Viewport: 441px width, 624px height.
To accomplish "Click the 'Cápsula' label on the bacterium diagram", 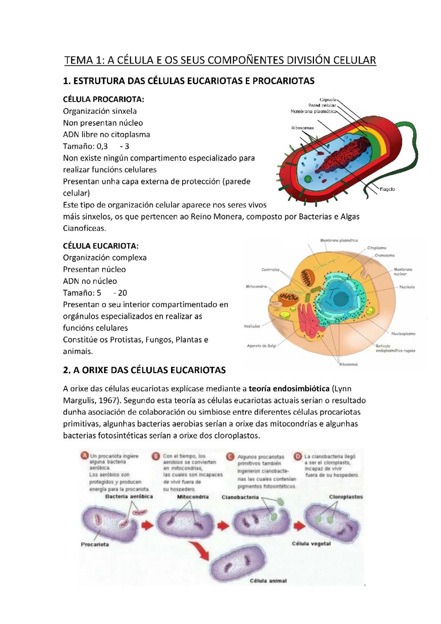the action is pyautogui.click(x=328, y=99).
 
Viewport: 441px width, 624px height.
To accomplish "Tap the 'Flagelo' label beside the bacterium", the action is pyautogui.click(x=387, y=189).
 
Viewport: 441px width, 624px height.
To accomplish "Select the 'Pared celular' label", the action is pyautogui.click(x=322, y=105).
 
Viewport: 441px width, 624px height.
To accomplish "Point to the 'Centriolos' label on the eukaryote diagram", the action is pyautogui.click(x=270, y=270).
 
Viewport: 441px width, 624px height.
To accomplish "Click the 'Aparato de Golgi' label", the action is pyautogui.click(x=261, y=346).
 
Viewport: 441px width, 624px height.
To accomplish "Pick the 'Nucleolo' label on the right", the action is pyautogui.click(x=407, y=286).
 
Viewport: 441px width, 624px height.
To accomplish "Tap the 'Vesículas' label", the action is pyautogui.click(x=252, y=326).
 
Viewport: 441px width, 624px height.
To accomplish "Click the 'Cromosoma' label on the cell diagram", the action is pyautogui.click(x=385, y=255).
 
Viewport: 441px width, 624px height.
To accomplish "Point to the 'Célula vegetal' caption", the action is pyautogui.click(x=311, y=543).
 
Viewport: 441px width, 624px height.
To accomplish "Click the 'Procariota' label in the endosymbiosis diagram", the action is pyautogui.click(x=95, y=544).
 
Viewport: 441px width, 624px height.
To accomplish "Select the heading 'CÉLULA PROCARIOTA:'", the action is pyautogui.click(x=104, y=99).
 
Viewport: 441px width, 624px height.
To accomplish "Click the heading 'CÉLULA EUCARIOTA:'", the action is pyautogui.click(x=101, y=246).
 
